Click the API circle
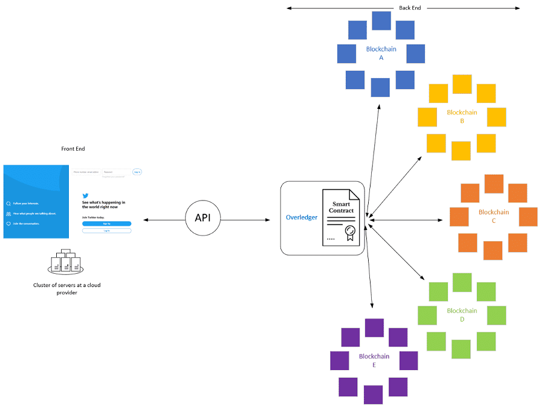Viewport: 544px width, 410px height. pyautogui.click(x=202, y=217)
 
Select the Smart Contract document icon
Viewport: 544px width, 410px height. pyautogui.click(x=340, y=217)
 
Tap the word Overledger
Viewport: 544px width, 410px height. pyautogui.click(x=302, y=217)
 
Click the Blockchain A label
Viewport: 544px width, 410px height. pyautogui.click(x=381, y=53)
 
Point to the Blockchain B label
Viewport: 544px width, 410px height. pyautogui.click(x=462, y=116)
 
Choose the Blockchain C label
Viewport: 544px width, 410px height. pyautogui.click(x=493, y=216)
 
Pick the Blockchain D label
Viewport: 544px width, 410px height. pyautogui.click(x=462, y=314)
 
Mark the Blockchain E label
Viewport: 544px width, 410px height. pyautogui.click(x=374, y=360)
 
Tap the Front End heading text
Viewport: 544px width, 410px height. pyautogui.click(x=73, y=148)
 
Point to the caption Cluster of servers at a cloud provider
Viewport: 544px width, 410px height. pyautogui.click(x=66, y=288)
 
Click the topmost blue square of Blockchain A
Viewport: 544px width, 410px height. pyautogui.click(x=381, y=21)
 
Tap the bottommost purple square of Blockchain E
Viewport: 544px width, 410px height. pyautogui.click(x=374, y=394)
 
